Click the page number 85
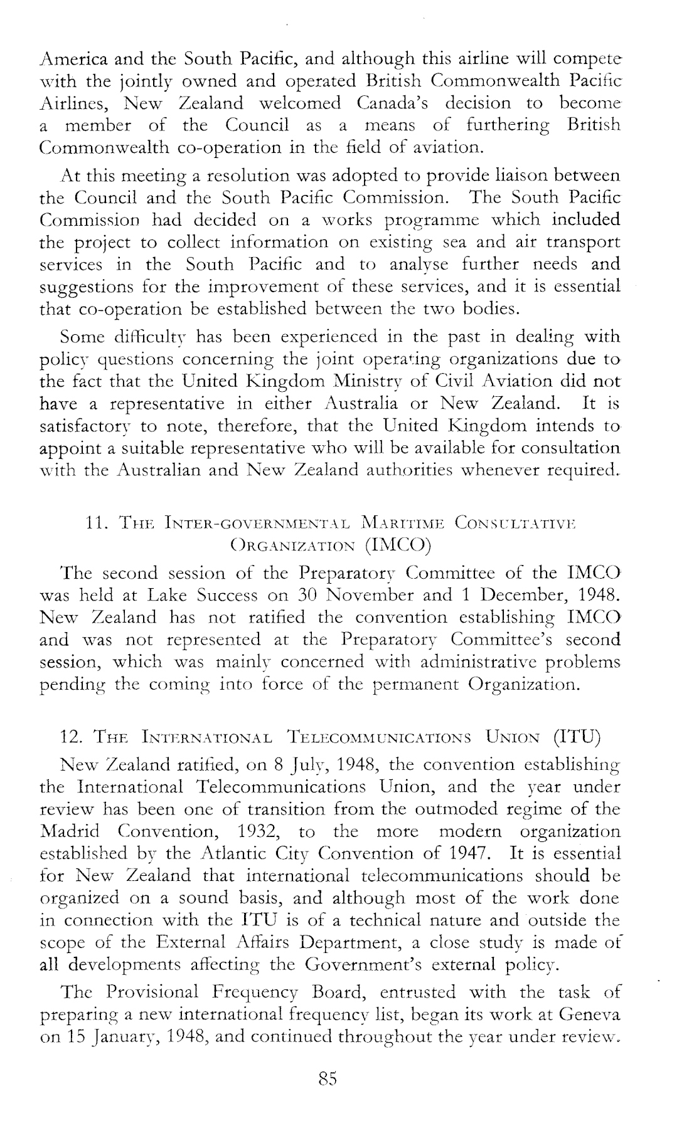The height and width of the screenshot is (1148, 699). tap(329, 1078)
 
